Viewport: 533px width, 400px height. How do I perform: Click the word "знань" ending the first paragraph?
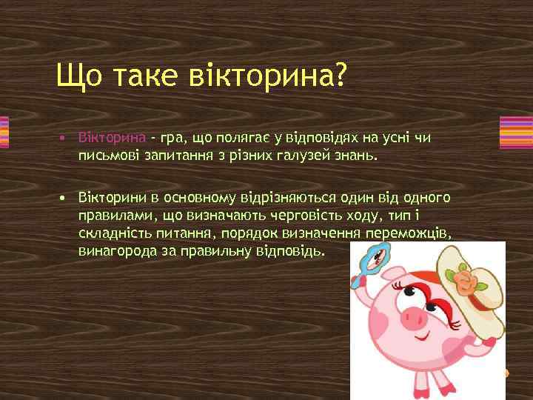356,156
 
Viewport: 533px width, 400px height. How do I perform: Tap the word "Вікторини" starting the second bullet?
114,199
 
